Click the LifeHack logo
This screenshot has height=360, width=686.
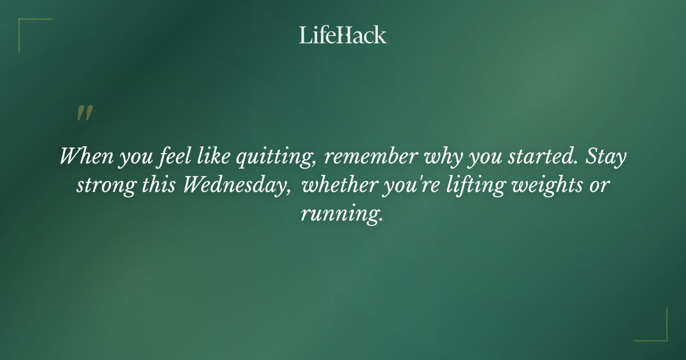click(343, 35)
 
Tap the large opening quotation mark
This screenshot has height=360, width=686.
click(85, 113)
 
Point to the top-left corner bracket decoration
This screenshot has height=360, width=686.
click(29, 29)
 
